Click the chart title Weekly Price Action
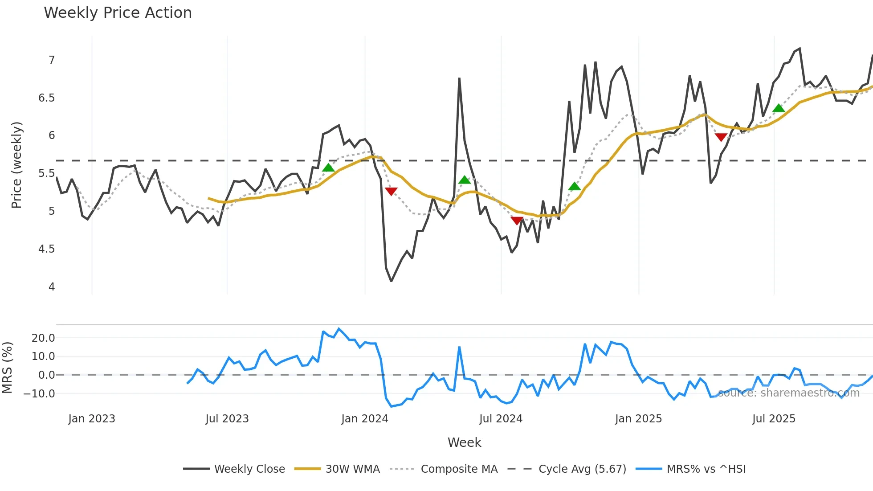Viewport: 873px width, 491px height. tap(118, 13)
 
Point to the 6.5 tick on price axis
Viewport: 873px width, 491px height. tap(46, 98)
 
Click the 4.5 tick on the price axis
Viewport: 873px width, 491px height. tap(46, 249)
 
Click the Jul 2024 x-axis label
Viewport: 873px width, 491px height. tap(501, 419)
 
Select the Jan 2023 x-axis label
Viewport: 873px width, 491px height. tap(92, 419)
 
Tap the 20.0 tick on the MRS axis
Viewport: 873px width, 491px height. tap(43, 338)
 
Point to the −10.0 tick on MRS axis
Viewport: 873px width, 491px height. tap(39, 394)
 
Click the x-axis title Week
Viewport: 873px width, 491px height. tap(464, 442)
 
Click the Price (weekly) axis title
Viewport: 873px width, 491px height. tap(16, 165)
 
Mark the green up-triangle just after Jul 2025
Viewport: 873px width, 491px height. tap(779, 108)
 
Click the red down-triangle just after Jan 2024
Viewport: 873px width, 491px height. tap(391, 191)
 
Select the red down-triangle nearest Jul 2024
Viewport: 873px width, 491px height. tap(517, 220)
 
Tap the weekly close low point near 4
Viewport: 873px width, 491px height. tap(391, 281)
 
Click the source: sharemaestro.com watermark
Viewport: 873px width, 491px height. tap(788, 393)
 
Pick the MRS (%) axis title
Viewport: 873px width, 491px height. tap(7, 368)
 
